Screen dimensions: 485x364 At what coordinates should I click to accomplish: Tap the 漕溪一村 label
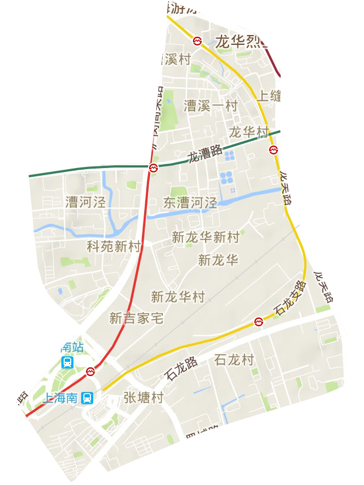pos(211,105)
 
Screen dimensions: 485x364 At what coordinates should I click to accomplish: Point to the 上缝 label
pos(269,96)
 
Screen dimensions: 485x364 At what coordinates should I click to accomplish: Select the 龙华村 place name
pos(248,132)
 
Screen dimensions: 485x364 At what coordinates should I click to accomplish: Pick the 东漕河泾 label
pos(190,203)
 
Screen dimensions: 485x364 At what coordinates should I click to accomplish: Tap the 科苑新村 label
pos(114,246)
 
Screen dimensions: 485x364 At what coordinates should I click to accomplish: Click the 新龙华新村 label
pos(206,237)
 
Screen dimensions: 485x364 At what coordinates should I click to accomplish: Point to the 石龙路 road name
pos(181,369)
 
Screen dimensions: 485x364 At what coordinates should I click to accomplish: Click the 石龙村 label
pos(235,360)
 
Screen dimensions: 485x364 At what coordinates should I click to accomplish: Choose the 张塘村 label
pos(143,397)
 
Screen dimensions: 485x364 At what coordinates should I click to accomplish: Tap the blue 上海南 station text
pos(61,398)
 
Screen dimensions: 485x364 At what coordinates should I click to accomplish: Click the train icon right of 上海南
pos(87,398)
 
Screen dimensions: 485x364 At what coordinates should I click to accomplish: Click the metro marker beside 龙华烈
pos(197,41)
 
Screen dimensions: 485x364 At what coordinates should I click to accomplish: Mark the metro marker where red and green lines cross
pos(154,168)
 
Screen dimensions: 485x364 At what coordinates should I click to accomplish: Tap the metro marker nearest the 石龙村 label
pos(259,322)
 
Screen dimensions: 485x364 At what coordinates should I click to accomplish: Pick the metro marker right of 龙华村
pos(273,149)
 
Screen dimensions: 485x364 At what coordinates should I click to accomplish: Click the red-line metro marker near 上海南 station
pos(91,372)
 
